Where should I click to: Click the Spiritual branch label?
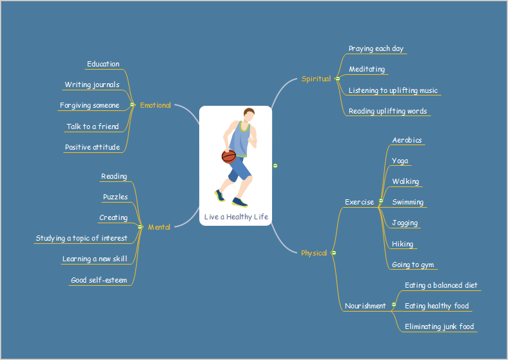pos(316,79)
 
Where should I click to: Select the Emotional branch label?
pos(155,105)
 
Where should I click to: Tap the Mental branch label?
pos(159,227)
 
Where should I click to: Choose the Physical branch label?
pos(314,253)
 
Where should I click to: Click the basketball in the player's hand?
pos(229,156)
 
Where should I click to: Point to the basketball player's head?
pos(249,115)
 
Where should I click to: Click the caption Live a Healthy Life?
pos(236,217)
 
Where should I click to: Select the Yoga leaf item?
pos(400,161)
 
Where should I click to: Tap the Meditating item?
pos(367,69)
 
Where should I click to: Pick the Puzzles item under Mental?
pos(115,197)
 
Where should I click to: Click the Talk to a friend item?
pos(93,126)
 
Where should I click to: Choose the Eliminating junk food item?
pos(439,326)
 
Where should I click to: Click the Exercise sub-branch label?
pos(359,202)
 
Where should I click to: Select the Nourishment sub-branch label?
pos(365,306)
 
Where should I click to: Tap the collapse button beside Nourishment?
pos(394,305)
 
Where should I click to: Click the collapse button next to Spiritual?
pos(338,79)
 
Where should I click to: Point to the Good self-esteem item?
pos(99,280)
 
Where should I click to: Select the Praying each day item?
pos(376,48)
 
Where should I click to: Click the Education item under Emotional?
pos(103,64)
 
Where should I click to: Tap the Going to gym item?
pos(413,265)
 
